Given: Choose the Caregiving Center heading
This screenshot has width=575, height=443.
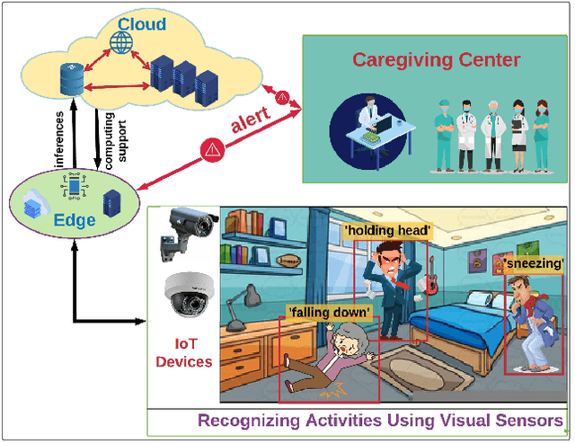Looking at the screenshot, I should tap(423, 60).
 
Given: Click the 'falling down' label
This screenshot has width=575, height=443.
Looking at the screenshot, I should tap(329, 312).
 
